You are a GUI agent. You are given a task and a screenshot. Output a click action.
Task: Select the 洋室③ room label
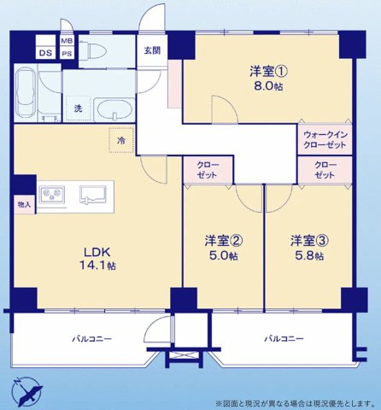[x=306, y=240]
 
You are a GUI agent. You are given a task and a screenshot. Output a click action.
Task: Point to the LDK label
[x=97, y=250]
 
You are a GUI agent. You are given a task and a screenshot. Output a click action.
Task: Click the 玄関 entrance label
[x=152, y=50]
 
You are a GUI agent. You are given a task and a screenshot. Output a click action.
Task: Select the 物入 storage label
[x=24, y=205]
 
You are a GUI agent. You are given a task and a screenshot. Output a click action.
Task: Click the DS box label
[x=22, y=54]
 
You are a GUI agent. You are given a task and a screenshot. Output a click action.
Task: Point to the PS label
[x=67, y=54]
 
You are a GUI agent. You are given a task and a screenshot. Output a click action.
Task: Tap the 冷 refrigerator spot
[x=121, y=139]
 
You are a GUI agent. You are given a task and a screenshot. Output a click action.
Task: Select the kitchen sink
[x=91, y=195]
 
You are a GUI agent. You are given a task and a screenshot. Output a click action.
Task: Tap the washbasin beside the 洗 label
[x=110, y=110]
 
